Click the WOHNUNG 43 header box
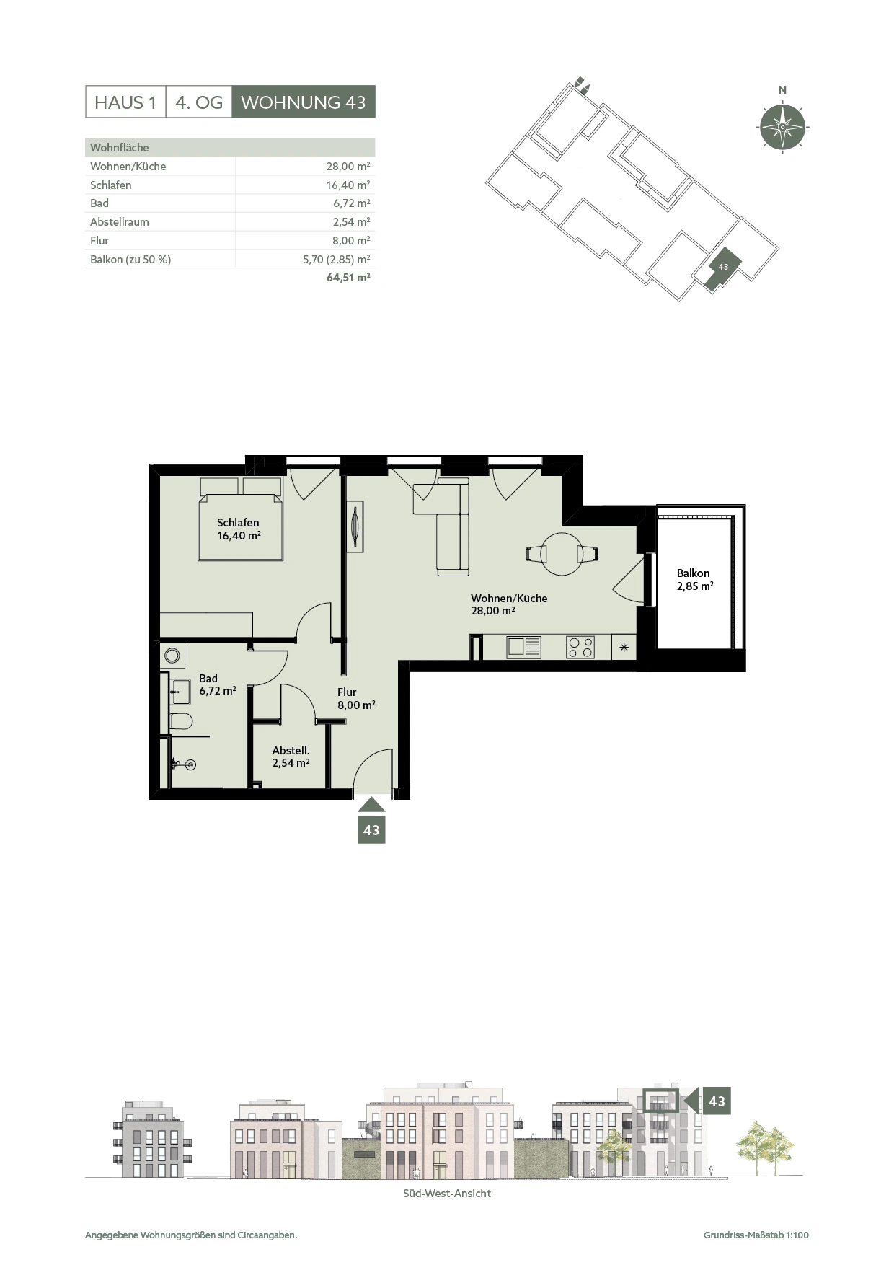coord(304,102)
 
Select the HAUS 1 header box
coord(125,102)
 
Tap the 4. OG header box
coord(199,102)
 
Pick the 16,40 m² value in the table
coord(348,185)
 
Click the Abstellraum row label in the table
coord(120,222)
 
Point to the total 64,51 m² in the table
coord(348,277)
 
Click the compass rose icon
coord(782,127)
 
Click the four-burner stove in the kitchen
coord(580,647)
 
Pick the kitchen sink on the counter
coord(524,646)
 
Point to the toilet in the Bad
coord(180,721)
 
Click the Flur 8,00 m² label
coord(356,698)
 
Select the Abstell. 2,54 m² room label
coord(291,757)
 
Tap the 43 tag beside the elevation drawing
coord(717,1101)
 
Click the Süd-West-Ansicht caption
coord(447,1194)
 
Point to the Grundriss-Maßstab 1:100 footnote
coord(756,1235)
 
